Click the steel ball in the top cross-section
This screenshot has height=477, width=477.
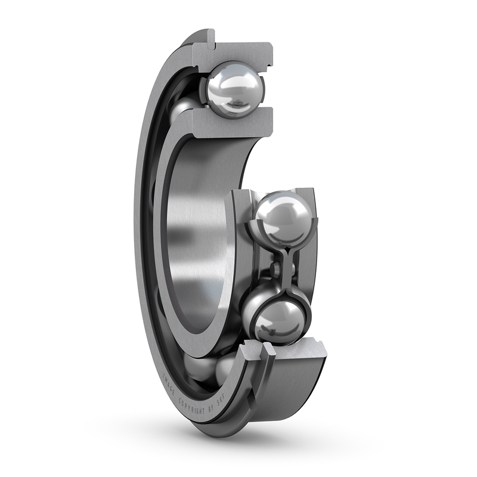[235, 89]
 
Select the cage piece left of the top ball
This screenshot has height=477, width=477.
[200, 89]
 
